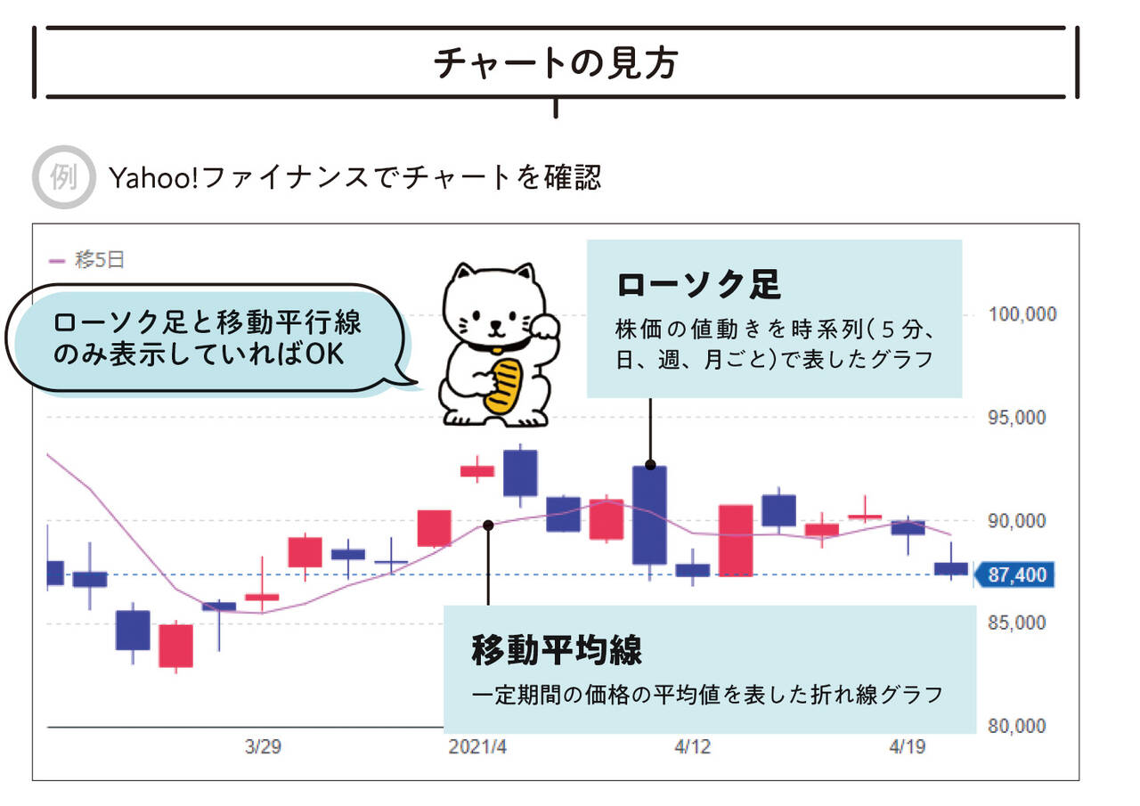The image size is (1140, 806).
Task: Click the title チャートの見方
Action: coord(555,64)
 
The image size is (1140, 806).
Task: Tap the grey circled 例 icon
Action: coord(63,177)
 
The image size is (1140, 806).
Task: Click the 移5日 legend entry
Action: coord(86,260)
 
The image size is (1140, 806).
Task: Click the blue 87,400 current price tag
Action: coord(1015,575)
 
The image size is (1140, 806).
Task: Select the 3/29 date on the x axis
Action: coord(264,747)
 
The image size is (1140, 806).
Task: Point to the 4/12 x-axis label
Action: coord(692,747)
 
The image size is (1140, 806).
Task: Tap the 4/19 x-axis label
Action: coord(907,747)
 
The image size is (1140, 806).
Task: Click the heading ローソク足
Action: coord(698,285)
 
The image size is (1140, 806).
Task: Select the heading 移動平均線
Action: coord(557,650)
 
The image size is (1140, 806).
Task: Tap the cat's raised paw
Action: coord(546,326)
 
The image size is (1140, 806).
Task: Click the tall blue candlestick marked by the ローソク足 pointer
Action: coord(649,515)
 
